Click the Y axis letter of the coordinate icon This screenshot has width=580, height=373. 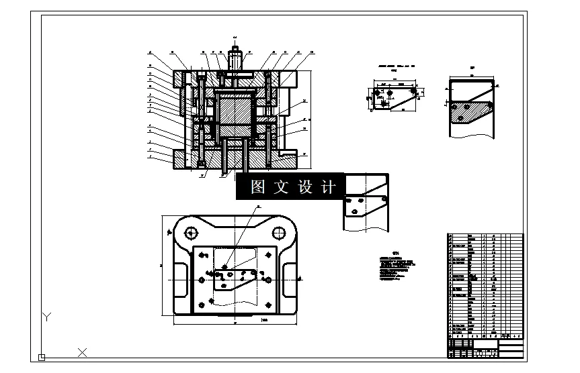46,315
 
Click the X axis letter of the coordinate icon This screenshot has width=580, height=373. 82,351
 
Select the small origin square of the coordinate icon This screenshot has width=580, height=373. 42,357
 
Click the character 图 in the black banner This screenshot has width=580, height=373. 257,187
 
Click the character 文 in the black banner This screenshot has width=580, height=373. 281,187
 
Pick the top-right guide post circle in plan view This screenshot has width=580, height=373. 278,233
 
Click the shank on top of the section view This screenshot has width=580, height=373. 235,57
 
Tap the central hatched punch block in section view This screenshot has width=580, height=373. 235,110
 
